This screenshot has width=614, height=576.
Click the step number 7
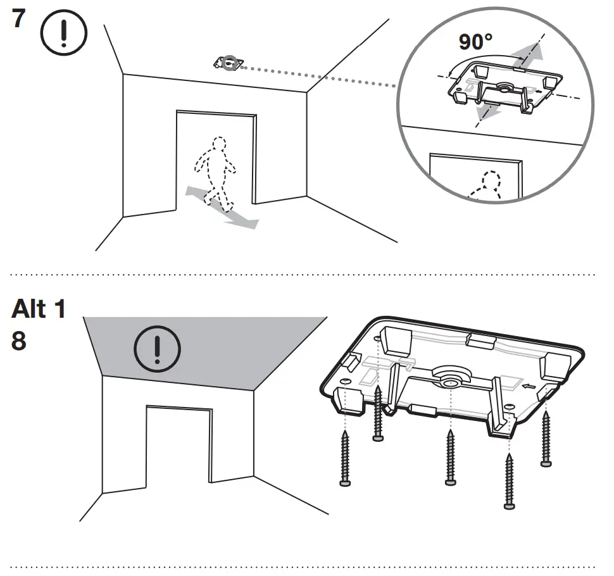[x=19, y=20]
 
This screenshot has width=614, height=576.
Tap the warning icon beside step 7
[x=63, y=34]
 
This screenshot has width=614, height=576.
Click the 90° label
[x=476, y=42]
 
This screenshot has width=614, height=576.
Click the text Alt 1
[x=38, y=310]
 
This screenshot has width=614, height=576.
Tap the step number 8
[x=19, y=342]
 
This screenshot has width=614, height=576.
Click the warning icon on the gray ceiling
[x=158, y=351]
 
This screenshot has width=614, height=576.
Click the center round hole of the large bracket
[x=450, y=382]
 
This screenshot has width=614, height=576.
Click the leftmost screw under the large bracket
[x=345, y=458]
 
